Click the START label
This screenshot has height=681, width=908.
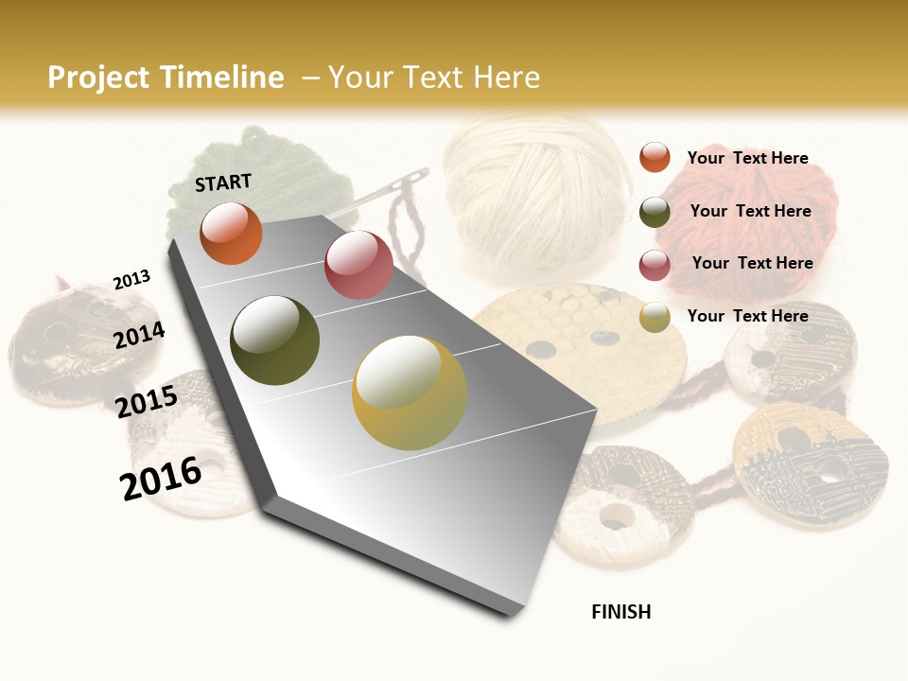pyautogui.click(x=223, y=182)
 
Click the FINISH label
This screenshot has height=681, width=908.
pyautogui.click(x=621, y=612)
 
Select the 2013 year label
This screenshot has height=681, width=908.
pyautogui.click(x=131, y=280)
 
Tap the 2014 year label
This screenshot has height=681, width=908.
pyautogui.click(x=140, y=335)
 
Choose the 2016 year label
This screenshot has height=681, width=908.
pyautogui.click(x=161, y=479)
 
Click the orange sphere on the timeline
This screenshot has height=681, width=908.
pyautogui.click(x=231, y=233)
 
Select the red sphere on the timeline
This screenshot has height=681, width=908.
pyautogui.click(x=358, y=265)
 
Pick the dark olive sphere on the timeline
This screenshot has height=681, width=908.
pyautogui.click(x=275, y=340)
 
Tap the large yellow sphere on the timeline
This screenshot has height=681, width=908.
pyautogui.click(x=410, y=393)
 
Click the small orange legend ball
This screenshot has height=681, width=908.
pyautogui.click(x=655, y=157)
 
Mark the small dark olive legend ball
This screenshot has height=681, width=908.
pyautogui.click(x=655, y=212)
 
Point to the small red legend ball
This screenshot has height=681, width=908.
pyautogui.click(x=655, y=265)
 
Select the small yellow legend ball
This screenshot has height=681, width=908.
pyautogui.click(x=655, y=318)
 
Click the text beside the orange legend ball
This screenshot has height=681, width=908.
pyautogui.click(x=747, y=158)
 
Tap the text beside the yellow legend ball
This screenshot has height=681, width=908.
pyautogui.click(x=747, y=316)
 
